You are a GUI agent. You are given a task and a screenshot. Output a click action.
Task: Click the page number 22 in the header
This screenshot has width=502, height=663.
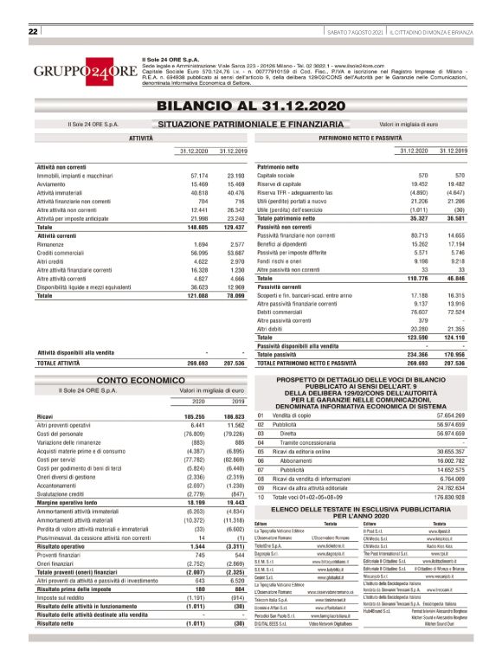pos(34,32)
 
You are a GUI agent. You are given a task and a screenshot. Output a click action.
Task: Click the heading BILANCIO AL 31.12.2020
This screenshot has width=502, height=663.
pos(249,106)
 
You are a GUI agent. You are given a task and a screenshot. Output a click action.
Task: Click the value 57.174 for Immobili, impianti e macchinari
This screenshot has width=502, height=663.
pos(198,176)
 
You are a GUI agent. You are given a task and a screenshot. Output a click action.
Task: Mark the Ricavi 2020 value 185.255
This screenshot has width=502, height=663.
pos(196,416)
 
